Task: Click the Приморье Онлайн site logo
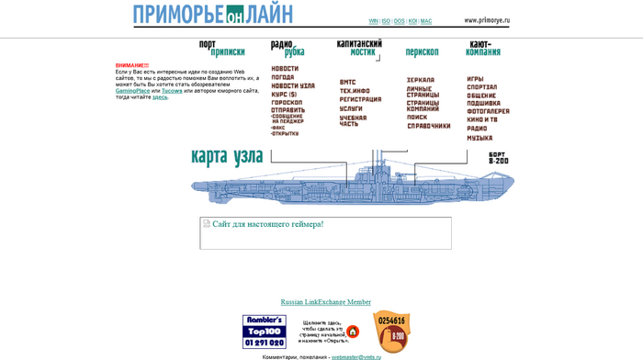pos(213,15)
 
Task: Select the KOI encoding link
pos(412,21)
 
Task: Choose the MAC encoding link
pos(426,21)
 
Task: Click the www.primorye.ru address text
pos(487,20)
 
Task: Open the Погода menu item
pos(283,77)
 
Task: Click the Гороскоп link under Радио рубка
pos(287,102)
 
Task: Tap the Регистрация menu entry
pos(360,99)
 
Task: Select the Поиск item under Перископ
pos(417,118)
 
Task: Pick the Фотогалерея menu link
pos(488,111)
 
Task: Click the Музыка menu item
pos(479,138)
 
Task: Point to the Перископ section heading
pos(422,52)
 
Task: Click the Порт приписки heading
pos(222,48)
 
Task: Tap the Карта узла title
pos(227,156)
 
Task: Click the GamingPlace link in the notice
pos(133,91)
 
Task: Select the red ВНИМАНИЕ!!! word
pos(132,65)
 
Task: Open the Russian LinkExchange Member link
pos(326,302)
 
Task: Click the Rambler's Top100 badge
pos(264,332)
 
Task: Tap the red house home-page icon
pos(353,332)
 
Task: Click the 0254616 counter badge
pos(392,330)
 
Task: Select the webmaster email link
pos(356,357)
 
